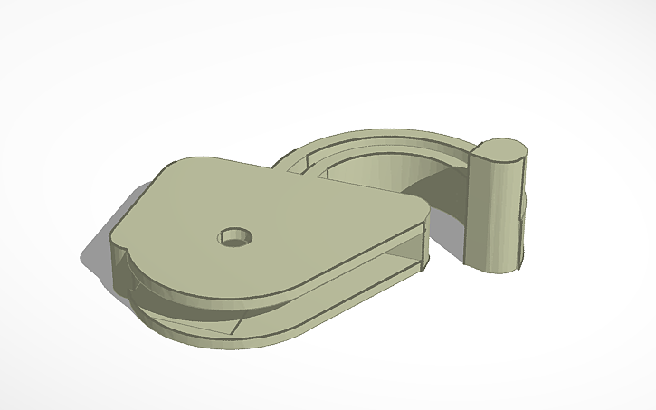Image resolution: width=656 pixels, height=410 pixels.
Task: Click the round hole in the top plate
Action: click(x=234, y=238)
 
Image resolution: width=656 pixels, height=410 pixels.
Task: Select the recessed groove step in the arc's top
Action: click(x=312, y=162)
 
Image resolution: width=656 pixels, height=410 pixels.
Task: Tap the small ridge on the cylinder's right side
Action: click(x=522, y=213)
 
